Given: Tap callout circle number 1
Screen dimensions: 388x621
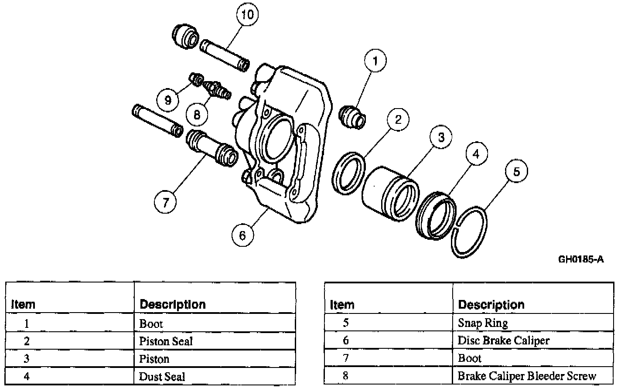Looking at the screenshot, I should [x=375, y=62].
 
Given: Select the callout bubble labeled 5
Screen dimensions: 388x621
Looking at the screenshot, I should [x=516, y=171].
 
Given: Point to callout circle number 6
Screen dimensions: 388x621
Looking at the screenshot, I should [x=242, y=235].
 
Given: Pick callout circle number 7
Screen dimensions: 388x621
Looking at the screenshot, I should [x=165, y=202].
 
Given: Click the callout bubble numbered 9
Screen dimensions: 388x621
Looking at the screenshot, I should [x=168, y=100].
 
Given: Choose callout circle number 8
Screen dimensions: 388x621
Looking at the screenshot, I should [x=197, y=115].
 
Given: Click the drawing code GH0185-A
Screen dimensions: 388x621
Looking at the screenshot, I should [x=581, y=260].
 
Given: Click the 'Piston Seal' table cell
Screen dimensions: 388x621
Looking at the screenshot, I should [x=166, y=341].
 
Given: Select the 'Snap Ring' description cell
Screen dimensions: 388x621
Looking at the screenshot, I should [x=483, y=323].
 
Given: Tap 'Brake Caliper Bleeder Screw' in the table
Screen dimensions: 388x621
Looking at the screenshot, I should [x=526, y=376].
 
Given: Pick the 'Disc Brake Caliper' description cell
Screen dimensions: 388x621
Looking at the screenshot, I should [x=503, y=340].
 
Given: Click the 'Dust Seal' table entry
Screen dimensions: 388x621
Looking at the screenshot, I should [x=162, y=377].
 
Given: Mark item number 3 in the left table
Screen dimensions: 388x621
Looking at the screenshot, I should [x=27, y=359].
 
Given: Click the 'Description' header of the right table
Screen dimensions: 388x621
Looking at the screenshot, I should [x=491, y=305].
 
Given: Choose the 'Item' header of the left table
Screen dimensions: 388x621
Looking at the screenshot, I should [x=23, y=304].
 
